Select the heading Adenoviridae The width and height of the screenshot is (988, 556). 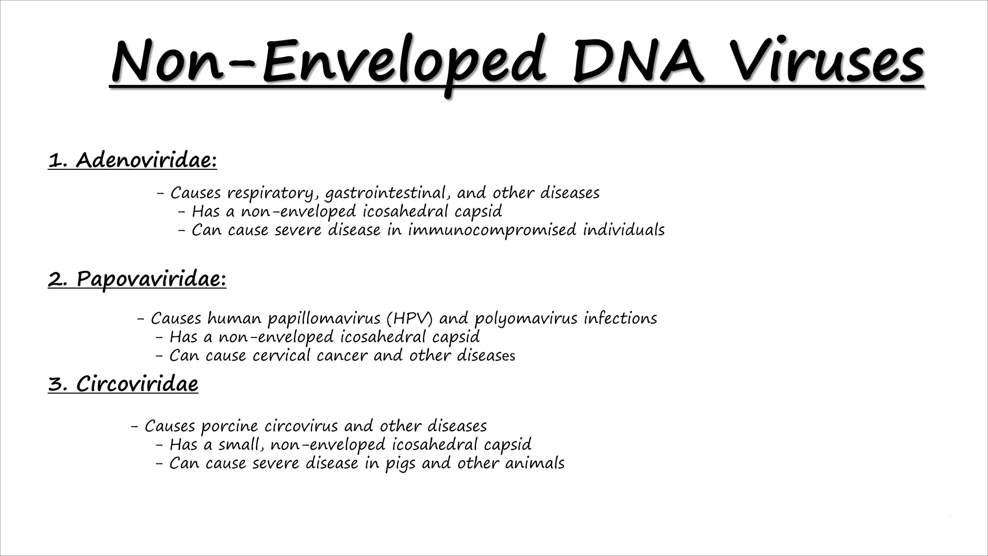[x=146, y=160]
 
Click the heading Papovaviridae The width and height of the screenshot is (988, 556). [x=151, y=279]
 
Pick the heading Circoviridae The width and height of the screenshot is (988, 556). [x=137, y=384]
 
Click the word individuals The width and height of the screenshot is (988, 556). [x=623, y=230]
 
